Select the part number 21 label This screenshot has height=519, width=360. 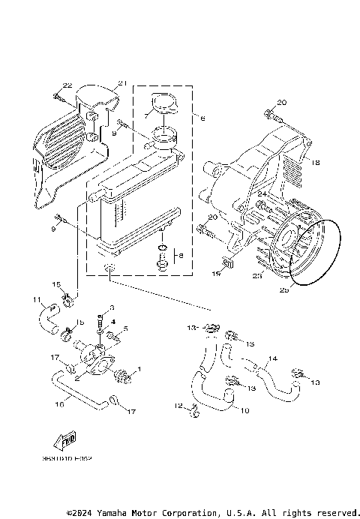click(x=123, y=82)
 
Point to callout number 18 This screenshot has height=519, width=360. click(x=316, y=163)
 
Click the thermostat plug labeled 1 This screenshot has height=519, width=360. click(x=125, y=373)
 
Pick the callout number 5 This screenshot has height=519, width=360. click(x=126, y=328)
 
